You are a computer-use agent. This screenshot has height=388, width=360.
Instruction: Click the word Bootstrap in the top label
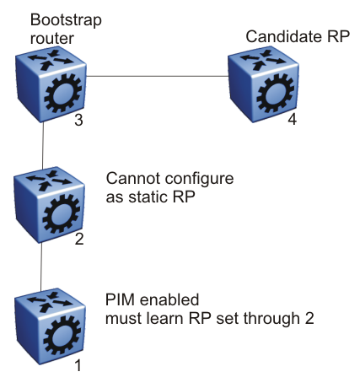[66, 21]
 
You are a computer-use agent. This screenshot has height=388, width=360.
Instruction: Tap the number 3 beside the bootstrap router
[78, 120]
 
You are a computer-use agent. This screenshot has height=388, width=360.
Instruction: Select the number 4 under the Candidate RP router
[293, 120]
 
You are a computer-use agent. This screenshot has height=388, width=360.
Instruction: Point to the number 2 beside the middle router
[79, 240]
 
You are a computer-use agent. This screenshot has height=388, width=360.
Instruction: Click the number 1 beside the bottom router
[78, 365]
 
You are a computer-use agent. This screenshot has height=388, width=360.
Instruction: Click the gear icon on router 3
[63, 94]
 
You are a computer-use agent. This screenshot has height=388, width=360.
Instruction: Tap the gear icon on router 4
[276, 94]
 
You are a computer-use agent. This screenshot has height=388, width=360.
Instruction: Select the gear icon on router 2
[62, 214]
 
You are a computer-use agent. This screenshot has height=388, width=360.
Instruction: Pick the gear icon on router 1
[62, 336]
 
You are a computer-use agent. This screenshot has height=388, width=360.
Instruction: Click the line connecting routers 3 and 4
[157, 76]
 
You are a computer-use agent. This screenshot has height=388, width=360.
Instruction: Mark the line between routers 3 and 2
[43, 146]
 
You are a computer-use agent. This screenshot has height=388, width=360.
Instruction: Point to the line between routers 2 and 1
[41, 267]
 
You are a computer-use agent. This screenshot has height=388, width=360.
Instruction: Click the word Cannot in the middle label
[133, 179]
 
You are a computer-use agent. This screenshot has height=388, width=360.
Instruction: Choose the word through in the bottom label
[271, 319]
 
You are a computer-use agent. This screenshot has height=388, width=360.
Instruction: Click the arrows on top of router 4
[263, 59]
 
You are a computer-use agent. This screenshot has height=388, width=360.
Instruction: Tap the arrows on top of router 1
[50, 301]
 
